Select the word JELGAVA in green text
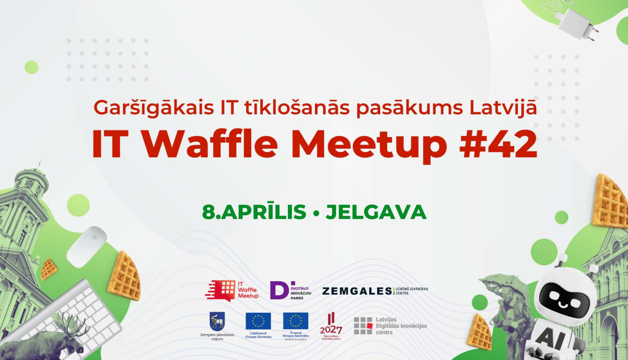[376, 212]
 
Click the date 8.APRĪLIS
[254, 212]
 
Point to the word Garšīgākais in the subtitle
[154, 108]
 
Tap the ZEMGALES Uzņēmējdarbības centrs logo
[375, 291]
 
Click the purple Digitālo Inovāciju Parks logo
[290, 290]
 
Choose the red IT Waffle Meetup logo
[232, 290]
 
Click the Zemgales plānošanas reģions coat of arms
[217, 321]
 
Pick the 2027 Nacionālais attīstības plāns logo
[331, 326]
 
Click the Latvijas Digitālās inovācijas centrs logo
[390, 326]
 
